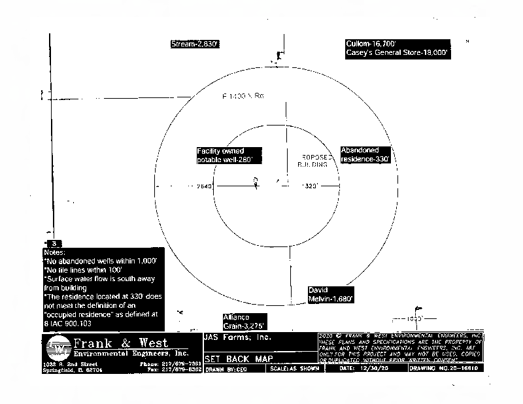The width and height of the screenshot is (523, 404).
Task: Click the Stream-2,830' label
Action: pos(194,44)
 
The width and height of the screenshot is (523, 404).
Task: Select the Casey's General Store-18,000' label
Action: pos(397,54)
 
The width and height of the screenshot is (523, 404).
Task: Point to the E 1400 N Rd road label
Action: pos(243,96)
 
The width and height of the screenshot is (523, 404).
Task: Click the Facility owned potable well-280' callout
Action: pos(229,155)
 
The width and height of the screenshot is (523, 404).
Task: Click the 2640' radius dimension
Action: pos(205,186)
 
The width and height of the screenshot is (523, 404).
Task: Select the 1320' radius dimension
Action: pos(310,186)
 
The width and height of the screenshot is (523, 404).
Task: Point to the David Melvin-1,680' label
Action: pos(331,294)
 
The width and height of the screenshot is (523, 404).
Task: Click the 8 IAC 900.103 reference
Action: pos(68,323)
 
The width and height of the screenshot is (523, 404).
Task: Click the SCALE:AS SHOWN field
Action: pos(295,369)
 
